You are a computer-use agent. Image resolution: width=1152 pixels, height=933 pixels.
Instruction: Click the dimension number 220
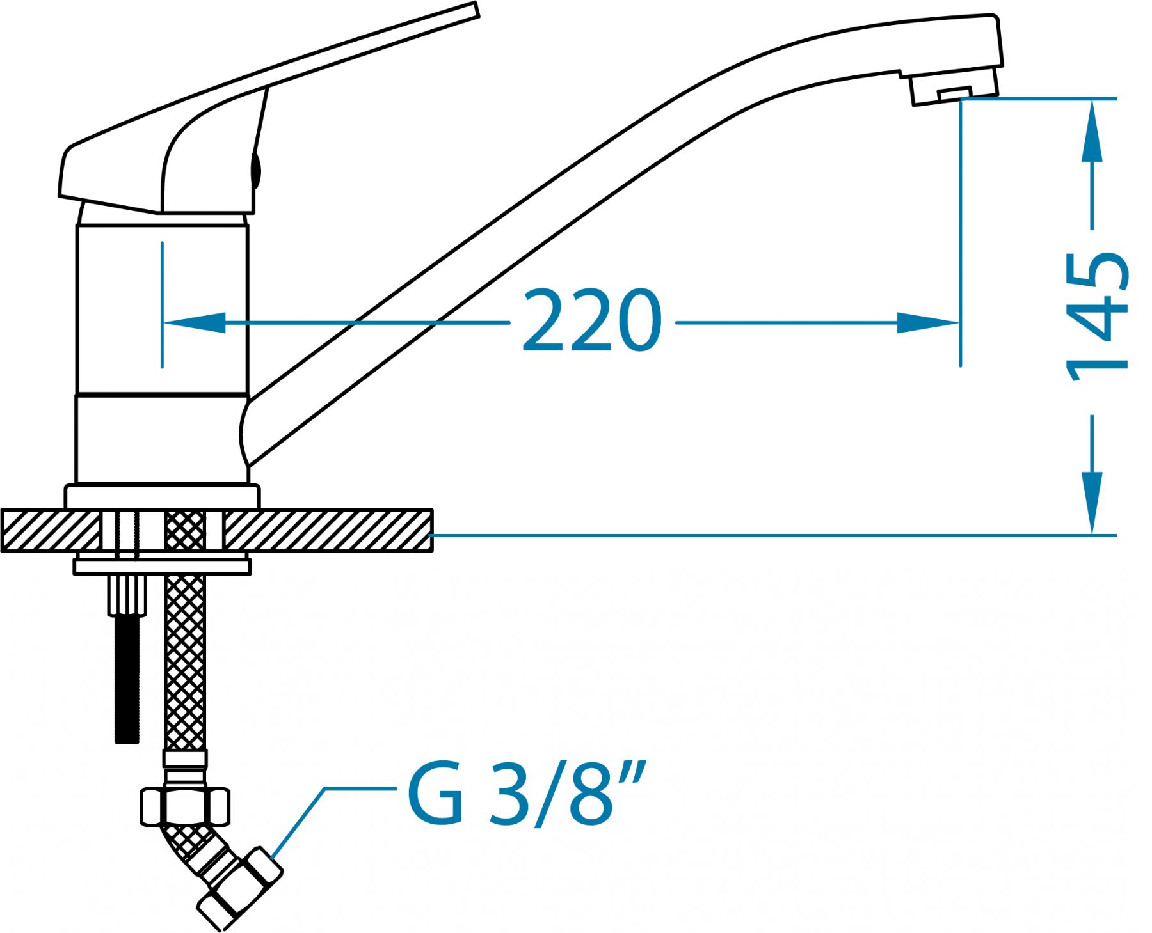(x=592, y=321)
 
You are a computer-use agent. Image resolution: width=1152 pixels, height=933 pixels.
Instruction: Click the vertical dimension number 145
(x=1096, y=317)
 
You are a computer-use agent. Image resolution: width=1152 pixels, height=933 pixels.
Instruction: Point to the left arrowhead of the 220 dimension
(x=195, y=322)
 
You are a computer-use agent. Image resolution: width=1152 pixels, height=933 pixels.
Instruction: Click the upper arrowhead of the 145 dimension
(x=1092, y=132)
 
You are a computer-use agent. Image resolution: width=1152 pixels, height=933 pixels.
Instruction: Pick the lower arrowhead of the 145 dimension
(x=1092, y=503)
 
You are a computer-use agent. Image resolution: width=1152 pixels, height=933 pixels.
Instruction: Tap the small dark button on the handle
(x=255, y=169)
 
